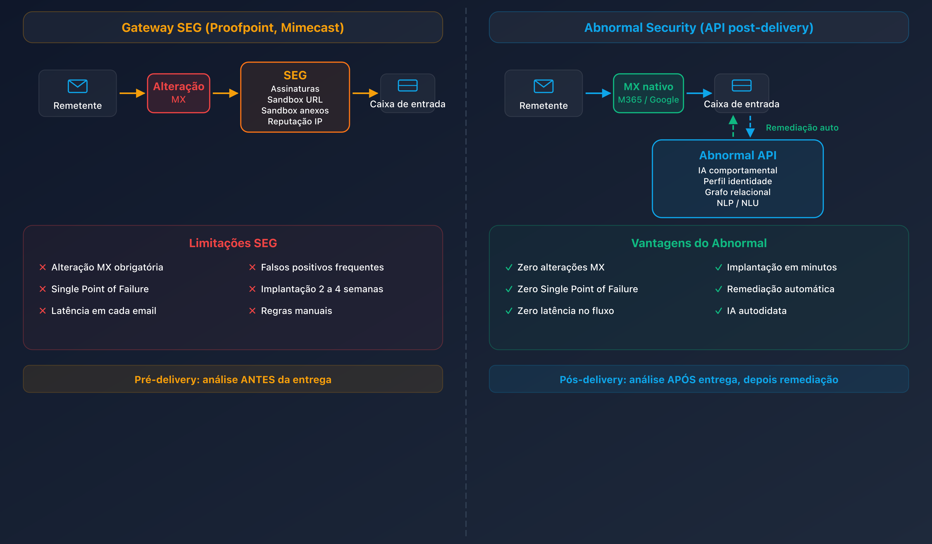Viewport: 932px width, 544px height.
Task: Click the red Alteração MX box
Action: coord(178,93)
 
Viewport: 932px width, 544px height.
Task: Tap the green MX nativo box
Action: coord(648,93)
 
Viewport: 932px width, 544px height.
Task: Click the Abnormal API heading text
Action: coord(738,155)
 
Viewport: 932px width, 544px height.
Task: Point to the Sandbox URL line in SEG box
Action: coord(295,99)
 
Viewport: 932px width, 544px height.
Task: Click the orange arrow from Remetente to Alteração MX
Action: coord(132,93)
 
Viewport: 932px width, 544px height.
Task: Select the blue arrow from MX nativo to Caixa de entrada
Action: coord(699,93)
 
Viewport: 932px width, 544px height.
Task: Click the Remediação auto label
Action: coord(802,128)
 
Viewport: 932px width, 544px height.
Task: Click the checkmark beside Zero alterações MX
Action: coord(509,267)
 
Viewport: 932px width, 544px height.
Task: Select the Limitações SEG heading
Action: coord(233,243)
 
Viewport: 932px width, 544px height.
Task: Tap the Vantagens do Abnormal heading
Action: coord(699,243)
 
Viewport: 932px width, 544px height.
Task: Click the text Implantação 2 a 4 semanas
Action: coord(322,289)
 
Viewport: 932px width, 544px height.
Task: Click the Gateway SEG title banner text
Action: coord(233,27)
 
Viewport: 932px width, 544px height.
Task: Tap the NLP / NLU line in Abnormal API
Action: coord(738,203)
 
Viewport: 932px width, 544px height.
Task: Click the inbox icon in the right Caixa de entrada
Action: coord(741,85)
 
